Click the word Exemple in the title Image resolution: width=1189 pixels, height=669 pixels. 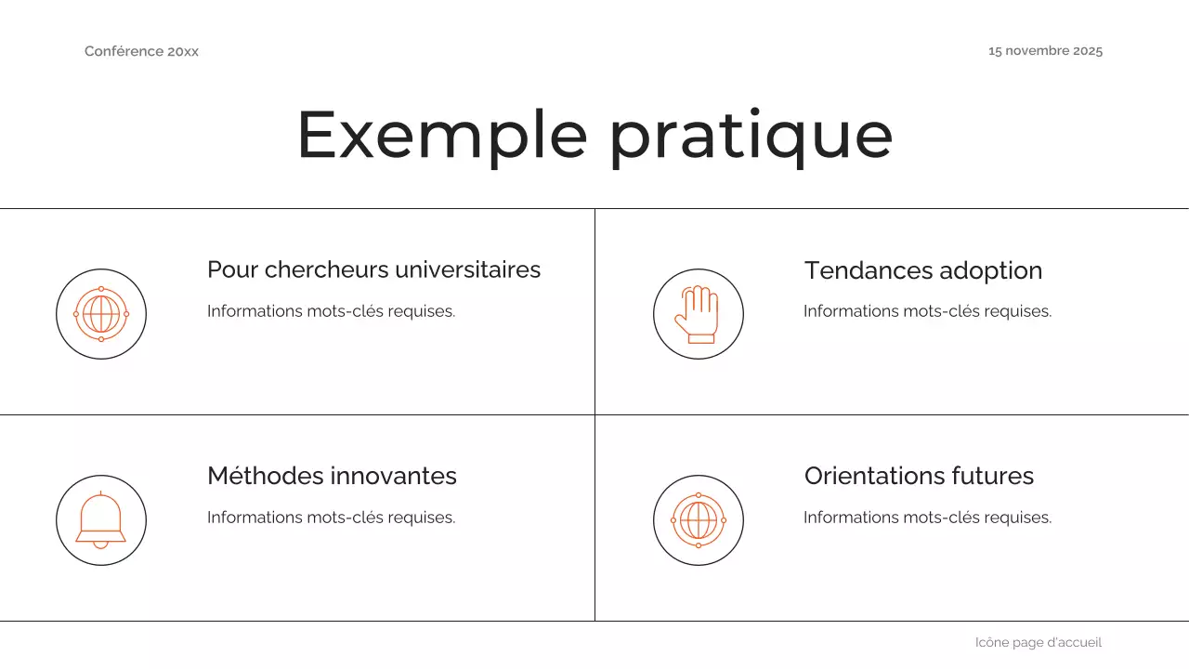tap(442, 136)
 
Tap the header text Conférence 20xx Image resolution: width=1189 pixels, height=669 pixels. tap(141, 51)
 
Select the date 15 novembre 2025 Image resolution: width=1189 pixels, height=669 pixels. tap(1045, 51)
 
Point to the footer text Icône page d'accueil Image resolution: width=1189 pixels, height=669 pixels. tap(1038, 642)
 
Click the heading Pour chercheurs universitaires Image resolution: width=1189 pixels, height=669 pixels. tap(373, 269)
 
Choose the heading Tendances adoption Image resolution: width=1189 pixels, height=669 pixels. tap(922, 270)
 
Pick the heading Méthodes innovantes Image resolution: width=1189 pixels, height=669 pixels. tap(332, 476)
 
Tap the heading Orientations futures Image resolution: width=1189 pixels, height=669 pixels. tap(919, 476)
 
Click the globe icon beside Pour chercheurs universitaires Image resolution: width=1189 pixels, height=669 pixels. tap(101, 314)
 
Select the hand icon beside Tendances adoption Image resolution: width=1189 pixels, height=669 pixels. tap(698, 314)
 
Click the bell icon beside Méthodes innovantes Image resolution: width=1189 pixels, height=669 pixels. tap(101, 520)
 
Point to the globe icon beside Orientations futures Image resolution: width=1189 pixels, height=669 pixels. tap(698, 520)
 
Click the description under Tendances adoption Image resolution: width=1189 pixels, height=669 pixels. tap(927, 311)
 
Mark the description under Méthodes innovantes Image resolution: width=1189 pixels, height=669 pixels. tap(331, 518)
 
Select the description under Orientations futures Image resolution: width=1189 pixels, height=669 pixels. tap(927, 518)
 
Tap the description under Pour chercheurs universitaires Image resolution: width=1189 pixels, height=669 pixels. tap(331, 311)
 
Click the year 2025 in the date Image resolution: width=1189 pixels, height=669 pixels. tap(1087, 51)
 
